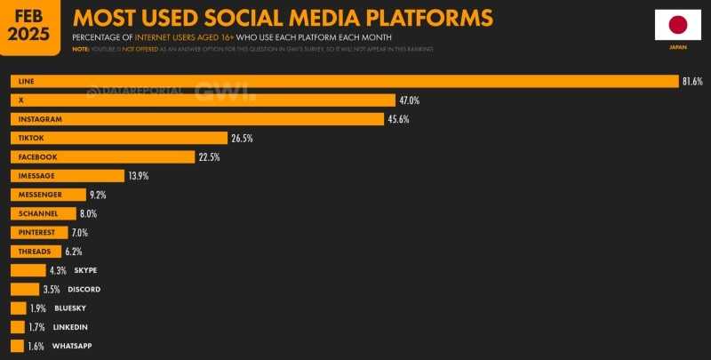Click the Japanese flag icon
click(x=677, y=26)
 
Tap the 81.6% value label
click(x=692, y=81)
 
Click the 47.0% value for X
click(x=409, y=100)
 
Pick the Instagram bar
click(x=196, y=119)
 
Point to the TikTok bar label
click(x=31, y=138)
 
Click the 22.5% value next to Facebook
click(x=209, y=157)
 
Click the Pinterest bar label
click(x=36, y=232)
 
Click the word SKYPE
click(x=85, y=270)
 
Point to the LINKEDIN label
click(x=71, y=326)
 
